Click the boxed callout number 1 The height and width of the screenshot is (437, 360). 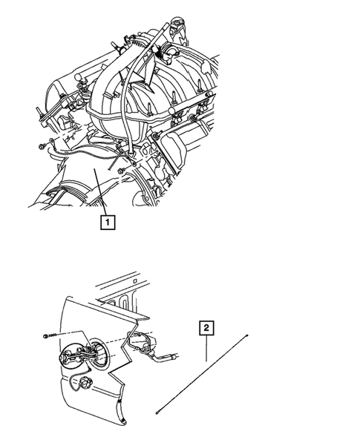tap(108, 220)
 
